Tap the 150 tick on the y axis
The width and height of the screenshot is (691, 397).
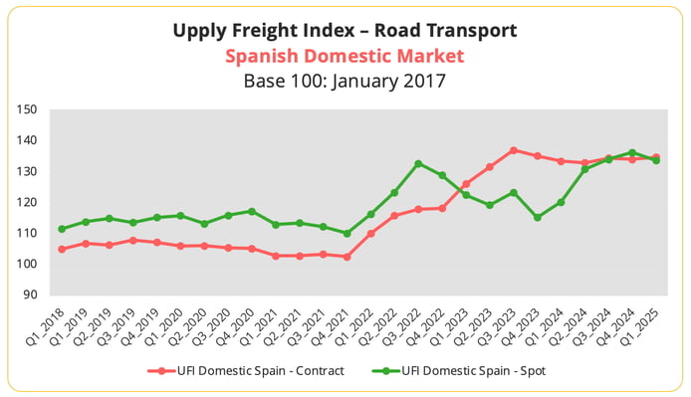point(28,109)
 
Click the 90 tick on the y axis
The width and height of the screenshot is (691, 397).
point(31,296)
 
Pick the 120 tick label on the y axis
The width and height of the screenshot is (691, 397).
point(28,203)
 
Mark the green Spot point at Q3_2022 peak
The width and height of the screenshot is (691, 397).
point(418,163)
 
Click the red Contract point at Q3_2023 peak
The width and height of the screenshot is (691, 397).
point(514,150)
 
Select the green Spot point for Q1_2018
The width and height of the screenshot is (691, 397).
point(62,229)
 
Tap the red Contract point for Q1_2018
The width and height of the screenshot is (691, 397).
point(62,249)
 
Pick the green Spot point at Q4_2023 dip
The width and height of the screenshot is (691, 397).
point(538,217)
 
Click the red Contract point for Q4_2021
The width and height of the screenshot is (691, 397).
point(346,257)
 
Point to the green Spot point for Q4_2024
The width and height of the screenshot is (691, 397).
point(632,153)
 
